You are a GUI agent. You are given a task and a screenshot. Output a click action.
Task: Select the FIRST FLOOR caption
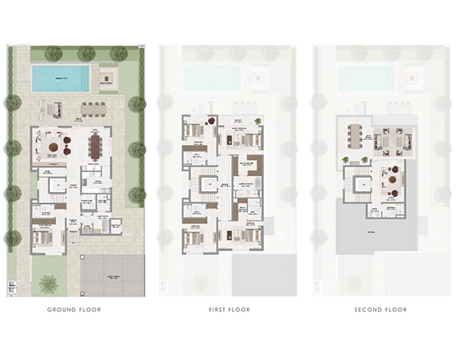pyautogui.click(x=227, y=309)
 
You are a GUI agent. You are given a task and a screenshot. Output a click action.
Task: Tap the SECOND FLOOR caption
pyautogui.click(x=381, y=309)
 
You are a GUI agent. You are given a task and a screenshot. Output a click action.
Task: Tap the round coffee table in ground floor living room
pyautogui.click(x=53, y=147)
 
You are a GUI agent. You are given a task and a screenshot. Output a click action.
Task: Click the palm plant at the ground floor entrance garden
pyautogui.click(x=49, y=282)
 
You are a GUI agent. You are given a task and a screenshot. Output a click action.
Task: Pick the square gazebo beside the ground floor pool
pyautogui.click(x=108, y=78)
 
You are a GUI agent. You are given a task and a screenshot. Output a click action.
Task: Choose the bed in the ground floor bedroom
pyautogui.click(x=46, y=237)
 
